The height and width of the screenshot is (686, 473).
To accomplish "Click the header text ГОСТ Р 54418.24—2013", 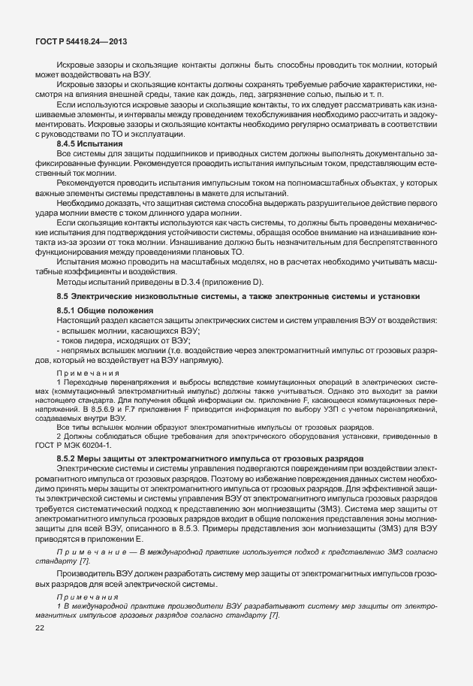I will (x=80, y=42).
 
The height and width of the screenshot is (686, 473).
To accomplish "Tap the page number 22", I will (x=39, y=627).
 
